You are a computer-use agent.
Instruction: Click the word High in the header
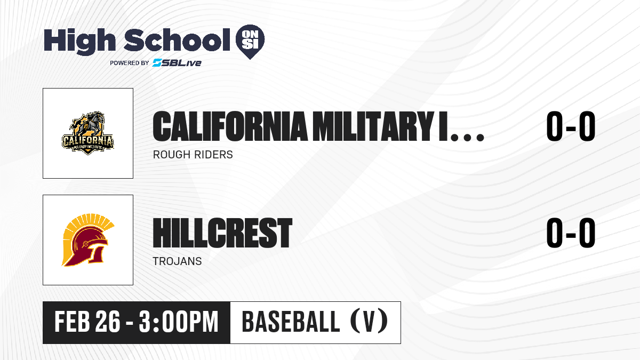pyautogui.click(x=79, y=42)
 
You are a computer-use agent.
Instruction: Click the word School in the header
pyautogui.click(x=177, y=39)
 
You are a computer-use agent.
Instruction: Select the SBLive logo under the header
pyautogui.click(x=177, y=63)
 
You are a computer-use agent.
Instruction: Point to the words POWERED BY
pyautogui.click(x=130, y=63)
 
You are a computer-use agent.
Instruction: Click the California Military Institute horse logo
pyautogui.click(x=88, y=133)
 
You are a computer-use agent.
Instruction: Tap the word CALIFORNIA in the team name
pyautogui.click(x=230, y=126)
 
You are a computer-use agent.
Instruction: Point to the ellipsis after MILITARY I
pyautogui.click(x=467, y=138)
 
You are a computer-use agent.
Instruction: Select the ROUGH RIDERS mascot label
pyautogui.click(x=193, y=155)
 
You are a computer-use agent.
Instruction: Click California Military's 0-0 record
pyautogui.click(x=571, y=126)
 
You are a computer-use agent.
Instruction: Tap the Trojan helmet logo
pyautogui.click(x=88, y=240)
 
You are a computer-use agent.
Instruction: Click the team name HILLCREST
pyautogui.click(x=222, y=233)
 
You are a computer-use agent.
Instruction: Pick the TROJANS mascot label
pyautogui.click(x=177, y=261)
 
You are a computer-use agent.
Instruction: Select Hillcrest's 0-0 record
pyautogui.click(x=571, y=233)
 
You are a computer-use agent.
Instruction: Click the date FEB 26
pyautogui.click(x=87, y=322)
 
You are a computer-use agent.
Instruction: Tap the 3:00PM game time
pyautogui.click(x=179, y=322)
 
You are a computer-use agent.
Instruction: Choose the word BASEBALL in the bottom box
pyautogui.click(x=291, y=322)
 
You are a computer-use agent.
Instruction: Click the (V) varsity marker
pyautogui.click(x=369, y=322)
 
